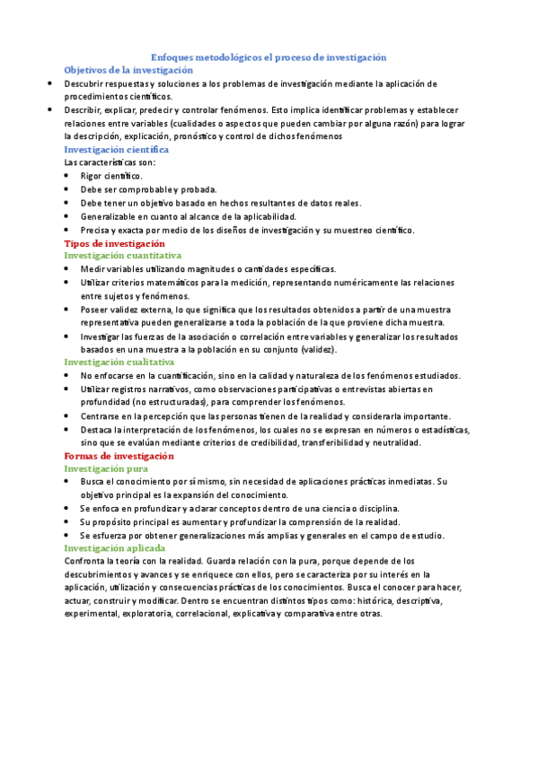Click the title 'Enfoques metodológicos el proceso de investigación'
(268, 57)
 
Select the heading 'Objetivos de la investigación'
(128, 69)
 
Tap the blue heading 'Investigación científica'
(117, 150)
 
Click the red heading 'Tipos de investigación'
(114, 243)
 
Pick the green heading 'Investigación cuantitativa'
(122, 256)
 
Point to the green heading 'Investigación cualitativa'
(119, 362)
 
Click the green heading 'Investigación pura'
(106, 468)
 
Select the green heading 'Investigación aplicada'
(114, 547)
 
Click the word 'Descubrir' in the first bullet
(84, 83)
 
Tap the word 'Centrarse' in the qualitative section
(101, 416)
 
